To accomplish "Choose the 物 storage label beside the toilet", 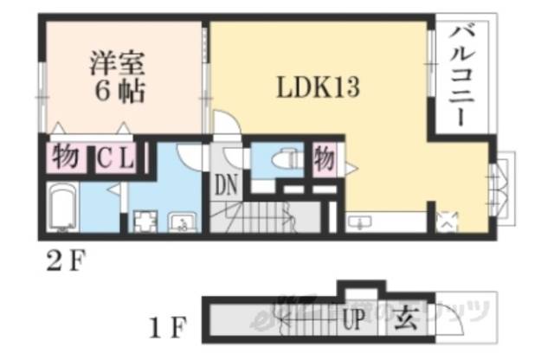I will [x=324, y=159].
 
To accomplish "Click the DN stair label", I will [x=227, y=184].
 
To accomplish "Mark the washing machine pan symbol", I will [x=140, y=222].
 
